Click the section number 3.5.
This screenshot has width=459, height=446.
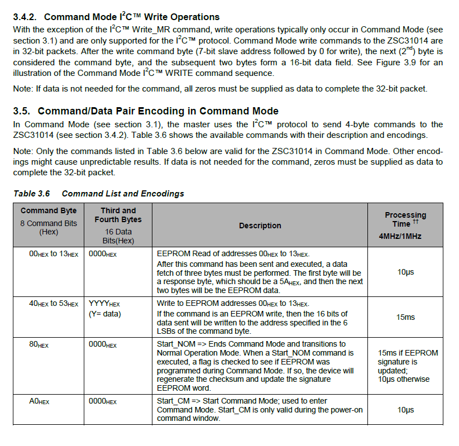(23, 111)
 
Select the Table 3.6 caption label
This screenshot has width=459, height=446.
(31, 194)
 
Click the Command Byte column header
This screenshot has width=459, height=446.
(47, 210)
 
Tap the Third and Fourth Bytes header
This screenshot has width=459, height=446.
(118, 215)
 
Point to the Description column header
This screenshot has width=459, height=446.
(260, 226)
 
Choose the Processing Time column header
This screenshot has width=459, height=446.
(405, 219)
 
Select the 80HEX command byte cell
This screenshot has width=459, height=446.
(39, 344)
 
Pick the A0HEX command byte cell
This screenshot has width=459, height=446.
(39, 401)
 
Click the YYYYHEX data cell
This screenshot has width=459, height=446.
(104, 304)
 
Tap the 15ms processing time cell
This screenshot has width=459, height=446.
(405, 317)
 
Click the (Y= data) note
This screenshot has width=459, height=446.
(106, 314)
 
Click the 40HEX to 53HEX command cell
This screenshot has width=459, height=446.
(54, 304)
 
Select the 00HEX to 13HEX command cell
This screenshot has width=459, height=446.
(54, 253)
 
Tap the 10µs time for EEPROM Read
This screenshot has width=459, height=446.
(405, 272)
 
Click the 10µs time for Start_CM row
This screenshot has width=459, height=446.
(405, 410)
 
